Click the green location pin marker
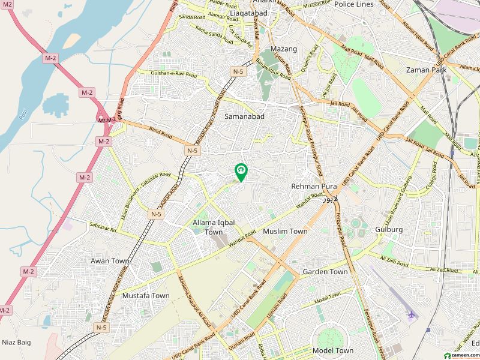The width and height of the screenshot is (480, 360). point(241,172)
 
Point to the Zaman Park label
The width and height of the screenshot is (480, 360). point(426,70)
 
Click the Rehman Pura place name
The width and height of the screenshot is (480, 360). point(314,187)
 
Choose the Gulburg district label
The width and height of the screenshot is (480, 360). point(389,229)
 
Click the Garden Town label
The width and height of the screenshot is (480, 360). point(325,272)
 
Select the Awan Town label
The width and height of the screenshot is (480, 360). point(110,261)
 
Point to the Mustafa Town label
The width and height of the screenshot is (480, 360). point(146,296)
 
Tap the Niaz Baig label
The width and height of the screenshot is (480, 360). point(16,343)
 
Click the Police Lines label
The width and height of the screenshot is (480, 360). point(353,4)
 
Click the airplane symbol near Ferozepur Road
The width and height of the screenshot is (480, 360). point(410,314)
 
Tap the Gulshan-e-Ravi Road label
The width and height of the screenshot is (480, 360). point(157,74)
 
